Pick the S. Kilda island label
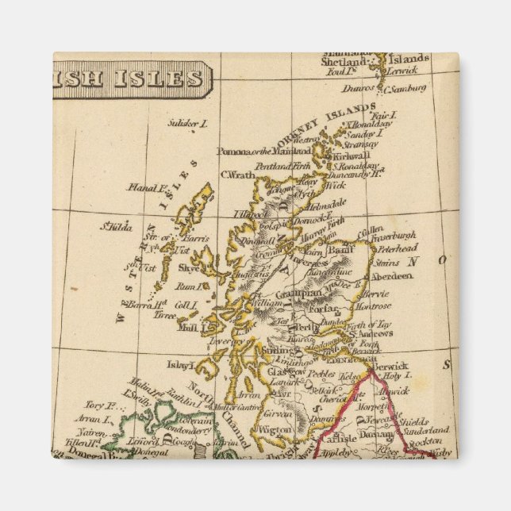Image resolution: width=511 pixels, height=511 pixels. [115, 226]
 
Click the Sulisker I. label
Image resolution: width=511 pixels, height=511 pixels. [188, 123]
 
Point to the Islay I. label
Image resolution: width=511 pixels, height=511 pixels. [180, 365]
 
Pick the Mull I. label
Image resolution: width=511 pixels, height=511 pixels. [190, 326]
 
